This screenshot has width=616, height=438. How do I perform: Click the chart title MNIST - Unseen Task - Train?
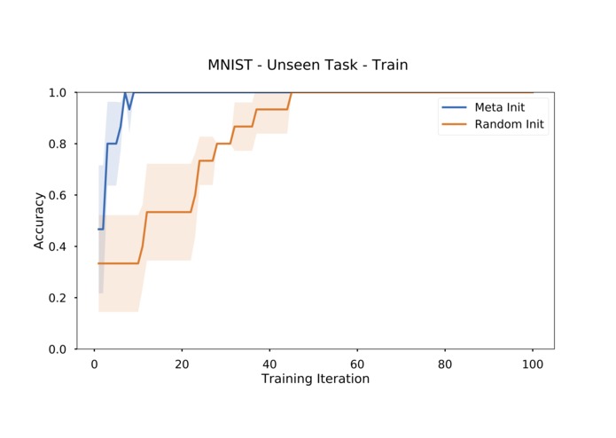click(308, 65)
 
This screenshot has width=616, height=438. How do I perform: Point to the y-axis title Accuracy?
click(39, 221)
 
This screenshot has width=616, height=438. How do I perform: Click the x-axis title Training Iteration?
click(315, 379)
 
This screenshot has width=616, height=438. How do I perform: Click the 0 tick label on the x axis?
click(94, 363)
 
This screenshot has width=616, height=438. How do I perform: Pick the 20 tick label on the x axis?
click(182, 363)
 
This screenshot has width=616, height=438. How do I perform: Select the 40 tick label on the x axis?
click(269, 363)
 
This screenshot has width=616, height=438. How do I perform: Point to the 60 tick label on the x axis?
click(357, 363)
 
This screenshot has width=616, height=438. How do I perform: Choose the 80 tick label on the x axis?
click(445, 363)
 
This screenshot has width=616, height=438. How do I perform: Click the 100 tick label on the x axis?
click(533, 363)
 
